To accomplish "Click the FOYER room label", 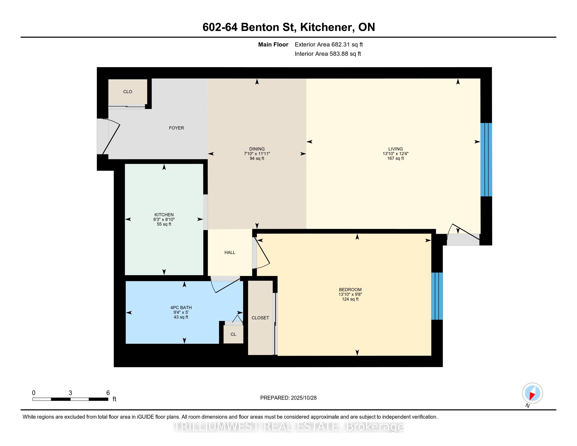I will tap(176, 128).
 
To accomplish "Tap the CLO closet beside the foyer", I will tap(128, 92).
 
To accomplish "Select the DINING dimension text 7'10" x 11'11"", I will tap(257, 154).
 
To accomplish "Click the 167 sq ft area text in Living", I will tap(395, 158).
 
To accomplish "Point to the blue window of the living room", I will tap(486, 160).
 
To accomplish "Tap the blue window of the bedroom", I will tap(437, 296).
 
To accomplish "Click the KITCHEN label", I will tap(164, 215).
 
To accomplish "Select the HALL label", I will tap(229, 253).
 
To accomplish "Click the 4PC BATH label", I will tap(181, 307).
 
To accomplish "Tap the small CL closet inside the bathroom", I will tap(233, 334).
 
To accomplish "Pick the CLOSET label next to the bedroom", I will tap(260, 318).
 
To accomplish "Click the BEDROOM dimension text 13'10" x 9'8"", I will tap(350, 294).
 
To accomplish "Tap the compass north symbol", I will tap(532, 393).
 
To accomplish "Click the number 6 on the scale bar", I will tap(108, 393).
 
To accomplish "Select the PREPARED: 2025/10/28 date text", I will tap(288, 398).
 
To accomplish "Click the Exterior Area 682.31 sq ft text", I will tap(329, 45).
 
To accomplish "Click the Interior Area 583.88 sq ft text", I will tap(328, 54).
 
